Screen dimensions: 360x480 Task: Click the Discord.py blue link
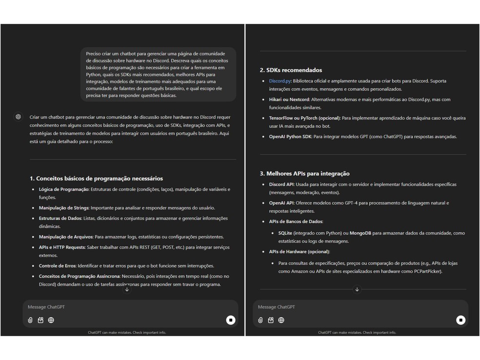click(x=280, y=81)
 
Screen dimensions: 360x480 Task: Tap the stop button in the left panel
click(x=231, y=320)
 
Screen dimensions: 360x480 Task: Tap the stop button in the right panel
click(x=460, y=320)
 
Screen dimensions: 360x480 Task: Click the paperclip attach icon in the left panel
click(x=30, y=320)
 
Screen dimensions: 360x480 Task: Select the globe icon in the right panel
click(x=281, y=320)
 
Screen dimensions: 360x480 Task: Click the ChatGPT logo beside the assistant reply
click(x=18, y=117)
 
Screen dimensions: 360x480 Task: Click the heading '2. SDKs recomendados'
click(x=291, y=70)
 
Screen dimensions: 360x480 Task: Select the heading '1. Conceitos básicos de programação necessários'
click(x=96, y=179)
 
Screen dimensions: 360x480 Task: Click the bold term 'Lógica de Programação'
click(x=64, y=189)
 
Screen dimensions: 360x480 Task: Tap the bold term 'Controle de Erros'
click(x=58, y=266)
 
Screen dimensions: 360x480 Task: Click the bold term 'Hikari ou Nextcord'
click(x=289, y=100)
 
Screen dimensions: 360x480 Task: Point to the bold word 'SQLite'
click(x=285, y=233)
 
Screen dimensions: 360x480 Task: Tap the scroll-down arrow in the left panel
click(x=127, y=289)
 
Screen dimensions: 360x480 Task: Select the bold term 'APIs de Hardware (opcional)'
click(x=299, y=252)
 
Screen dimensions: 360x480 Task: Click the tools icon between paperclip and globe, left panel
click(x=40, y=320)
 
